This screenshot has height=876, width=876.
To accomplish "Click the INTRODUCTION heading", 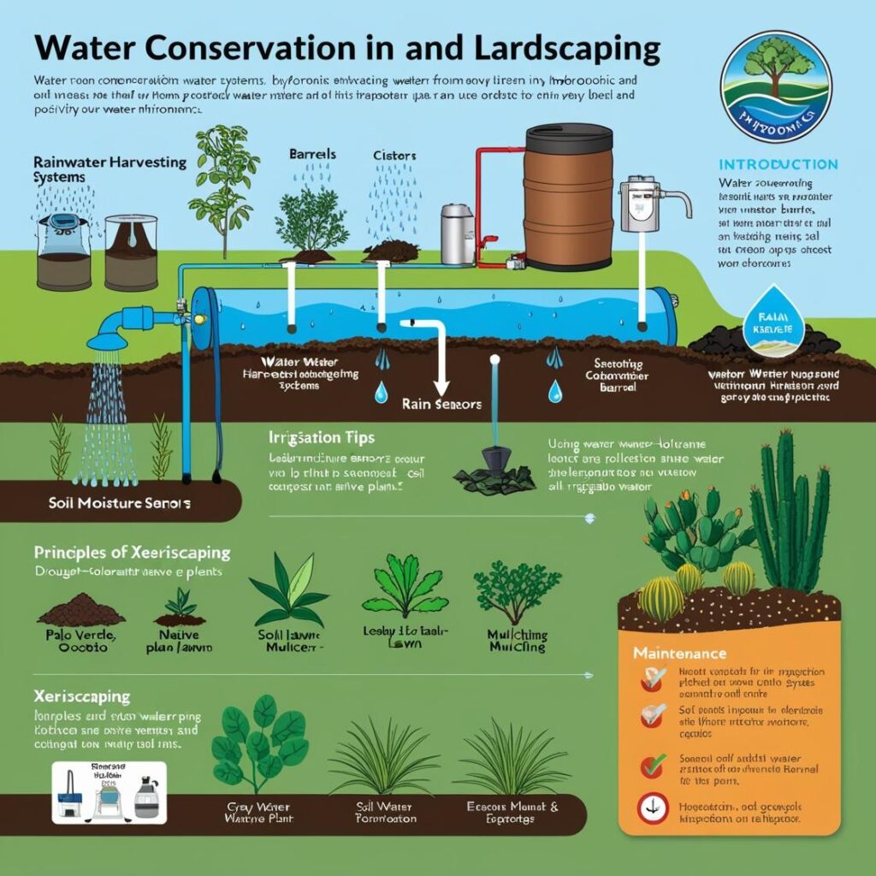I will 778,163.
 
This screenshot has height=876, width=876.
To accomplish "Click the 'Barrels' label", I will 312,155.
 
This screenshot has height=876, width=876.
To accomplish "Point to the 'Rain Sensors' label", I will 441,404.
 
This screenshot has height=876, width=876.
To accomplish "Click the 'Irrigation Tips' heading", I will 321,437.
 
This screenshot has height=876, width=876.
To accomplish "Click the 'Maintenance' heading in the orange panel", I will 679,653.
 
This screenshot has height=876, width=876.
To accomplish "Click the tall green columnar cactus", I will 791,513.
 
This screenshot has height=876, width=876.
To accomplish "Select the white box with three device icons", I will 96,792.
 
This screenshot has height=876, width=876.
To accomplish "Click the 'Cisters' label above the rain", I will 394,156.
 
